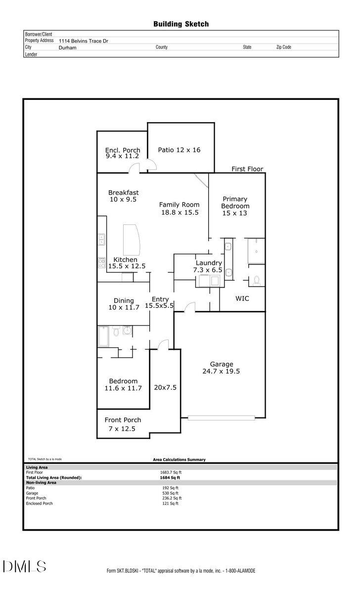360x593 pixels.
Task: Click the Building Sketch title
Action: [181, 24]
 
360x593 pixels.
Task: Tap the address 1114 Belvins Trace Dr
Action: [83, 41]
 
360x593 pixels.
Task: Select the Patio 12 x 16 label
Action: [179, 150]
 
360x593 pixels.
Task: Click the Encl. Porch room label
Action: [123, 153]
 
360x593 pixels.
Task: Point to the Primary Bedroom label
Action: [235, 206]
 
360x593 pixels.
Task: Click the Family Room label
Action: [179, 208]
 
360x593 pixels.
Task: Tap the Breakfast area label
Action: [123, 196]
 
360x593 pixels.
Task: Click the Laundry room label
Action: [208, 266]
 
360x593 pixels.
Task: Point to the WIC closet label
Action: [242, 298]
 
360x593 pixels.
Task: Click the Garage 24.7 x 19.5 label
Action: [221, 368]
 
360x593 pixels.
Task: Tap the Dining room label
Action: [124, 304]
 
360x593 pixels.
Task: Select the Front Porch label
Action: [123, 424]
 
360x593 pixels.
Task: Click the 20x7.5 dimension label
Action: [165, 387]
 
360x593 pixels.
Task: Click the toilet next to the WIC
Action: [256, 280]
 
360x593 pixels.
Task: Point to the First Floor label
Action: [247, 169]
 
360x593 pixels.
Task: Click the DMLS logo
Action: [24, 566]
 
